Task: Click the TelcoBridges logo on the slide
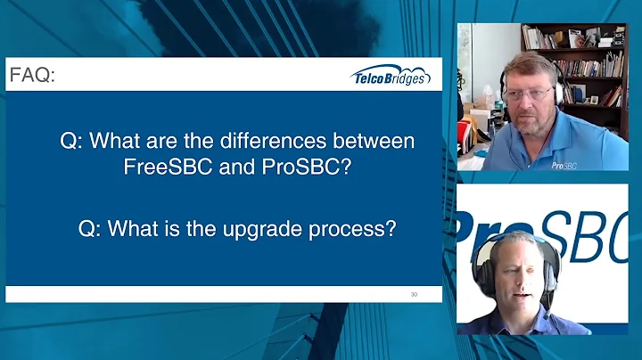point(391,76)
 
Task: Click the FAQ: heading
point(32,76)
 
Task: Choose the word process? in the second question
point(358,227)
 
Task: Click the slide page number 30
point(414,293)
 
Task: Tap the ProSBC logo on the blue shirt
point(563,165)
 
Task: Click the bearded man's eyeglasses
point(534,92)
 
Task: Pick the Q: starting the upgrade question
point(91,227)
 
